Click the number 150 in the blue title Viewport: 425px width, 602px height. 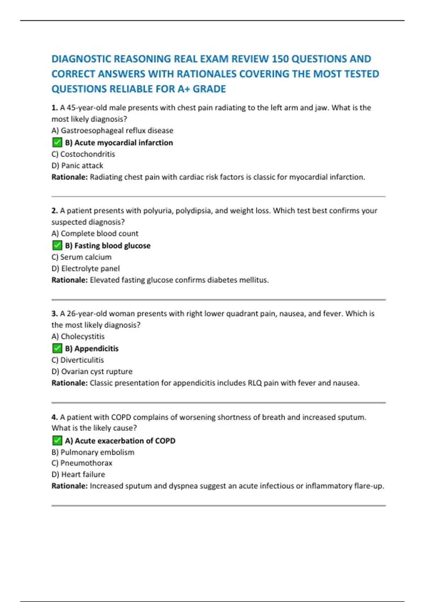coord(280,59)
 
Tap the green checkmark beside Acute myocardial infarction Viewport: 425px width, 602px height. coord(57,142)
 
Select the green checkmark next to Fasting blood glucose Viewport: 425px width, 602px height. coord(57,245)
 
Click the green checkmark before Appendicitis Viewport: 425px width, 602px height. coord(57,348)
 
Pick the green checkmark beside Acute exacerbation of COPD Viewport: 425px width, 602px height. coord(57,441)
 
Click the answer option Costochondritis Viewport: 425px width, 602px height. coord(83,154)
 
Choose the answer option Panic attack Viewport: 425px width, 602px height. coord(77,165)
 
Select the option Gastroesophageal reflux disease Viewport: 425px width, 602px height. coord(112,130)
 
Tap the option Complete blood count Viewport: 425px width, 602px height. coord(95,233)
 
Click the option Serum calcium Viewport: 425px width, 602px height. coord(81,257)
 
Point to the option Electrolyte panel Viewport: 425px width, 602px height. coord(85,268)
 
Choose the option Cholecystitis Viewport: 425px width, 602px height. coord(78,336)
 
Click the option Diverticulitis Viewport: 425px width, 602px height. coord(78,360)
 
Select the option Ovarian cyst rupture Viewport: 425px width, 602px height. coord(92,371)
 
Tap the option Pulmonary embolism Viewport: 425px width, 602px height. coord(93,452)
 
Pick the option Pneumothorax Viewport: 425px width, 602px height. coord(82,463)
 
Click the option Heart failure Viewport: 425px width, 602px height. coord(78,474)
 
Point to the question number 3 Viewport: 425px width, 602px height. coord(55,314)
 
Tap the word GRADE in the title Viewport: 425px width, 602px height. coord(209,89)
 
